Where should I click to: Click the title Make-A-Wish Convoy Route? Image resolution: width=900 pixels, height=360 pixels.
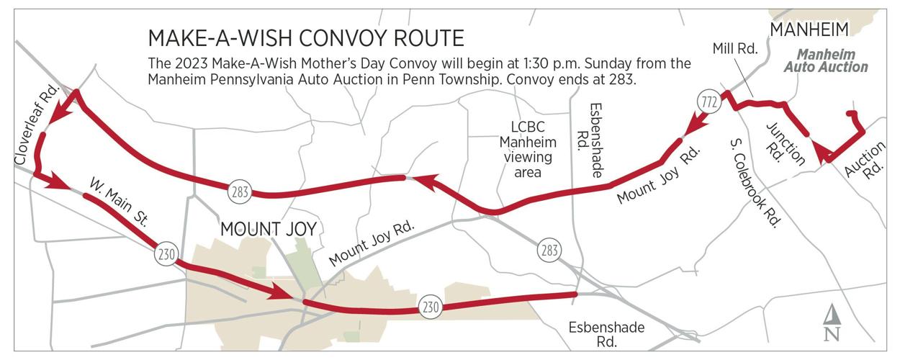pyautogui.click(x=306, y=37)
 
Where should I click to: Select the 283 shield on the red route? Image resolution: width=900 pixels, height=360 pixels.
pyautogui.click(x=240, y=192)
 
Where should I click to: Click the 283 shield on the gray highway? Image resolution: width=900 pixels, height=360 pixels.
pyautogui.click(x=549, y=251)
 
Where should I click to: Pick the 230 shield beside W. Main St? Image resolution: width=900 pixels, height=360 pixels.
pyautogui.click(x=165, y=254)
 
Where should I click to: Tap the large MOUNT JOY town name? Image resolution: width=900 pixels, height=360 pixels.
pyautogui.click(x=268, y=230)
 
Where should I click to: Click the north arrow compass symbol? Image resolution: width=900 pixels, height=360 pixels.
pyautogui.click(x=832, y=323)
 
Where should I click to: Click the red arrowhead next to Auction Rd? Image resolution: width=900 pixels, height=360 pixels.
pyautogui.click(x=822, y=152)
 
